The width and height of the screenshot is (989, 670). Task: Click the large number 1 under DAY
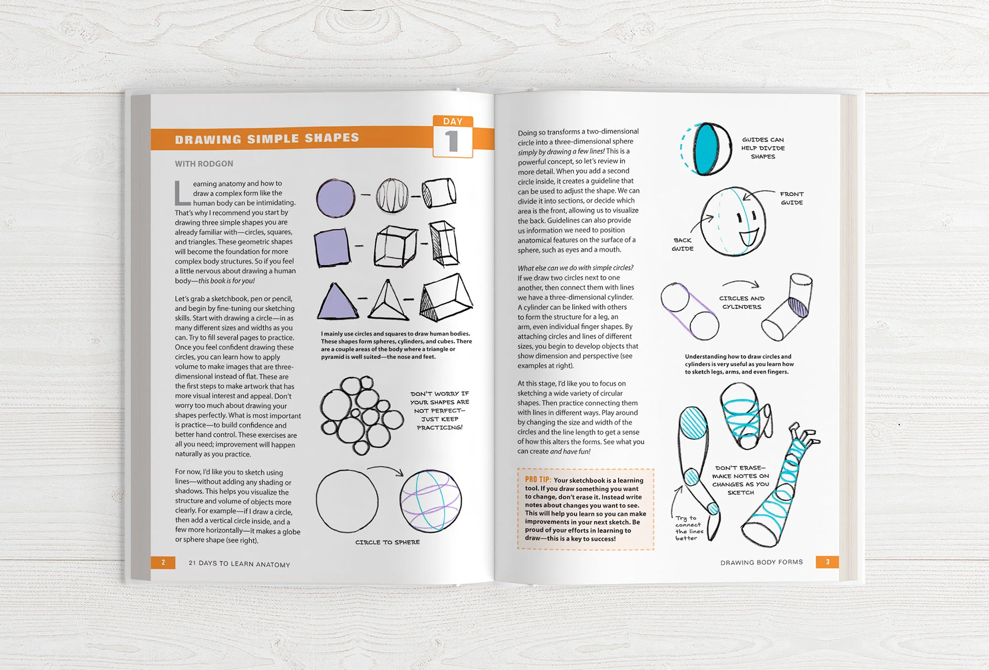coord(451,141)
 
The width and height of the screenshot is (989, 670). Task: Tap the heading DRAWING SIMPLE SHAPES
coord(267,139)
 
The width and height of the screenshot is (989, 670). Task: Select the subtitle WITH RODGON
coord(204,164)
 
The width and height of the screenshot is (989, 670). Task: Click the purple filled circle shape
coord(336,197)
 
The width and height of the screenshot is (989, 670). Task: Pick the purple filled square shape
coord(332,247)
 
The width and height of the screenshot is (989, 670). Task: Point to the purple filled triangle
coord(337,302)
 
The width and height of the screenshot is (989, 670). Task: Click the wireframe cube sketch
coord(395,246)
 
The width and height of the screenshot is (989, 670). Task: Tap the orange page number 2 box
coord(163,563)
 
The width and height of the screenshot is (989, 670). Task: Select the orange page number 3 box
coord(827,562)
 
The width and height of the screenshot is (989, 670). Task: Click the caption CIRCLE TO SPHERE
coord(387,542)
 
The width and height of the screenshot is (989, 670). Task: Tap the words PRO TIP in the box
coord(538,479)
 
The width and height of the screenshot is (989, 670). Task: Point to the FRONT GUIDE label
coord(792,198)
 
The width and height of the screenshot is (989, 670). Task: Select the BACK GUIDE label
coord(682,244)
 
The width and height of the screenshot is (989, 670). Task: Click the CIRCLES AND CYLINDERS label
coord(742,302)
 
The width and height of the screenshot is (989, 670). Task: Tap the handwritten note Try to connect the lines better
coord(689,528)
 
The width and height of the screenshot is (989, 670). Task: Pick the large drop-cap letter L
coord(181,193)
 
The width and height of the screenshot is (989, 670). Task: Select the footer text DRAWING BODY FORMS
coord(761,562)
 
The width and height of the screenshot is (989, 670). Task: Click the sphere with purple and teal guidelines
coord(431,501)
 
